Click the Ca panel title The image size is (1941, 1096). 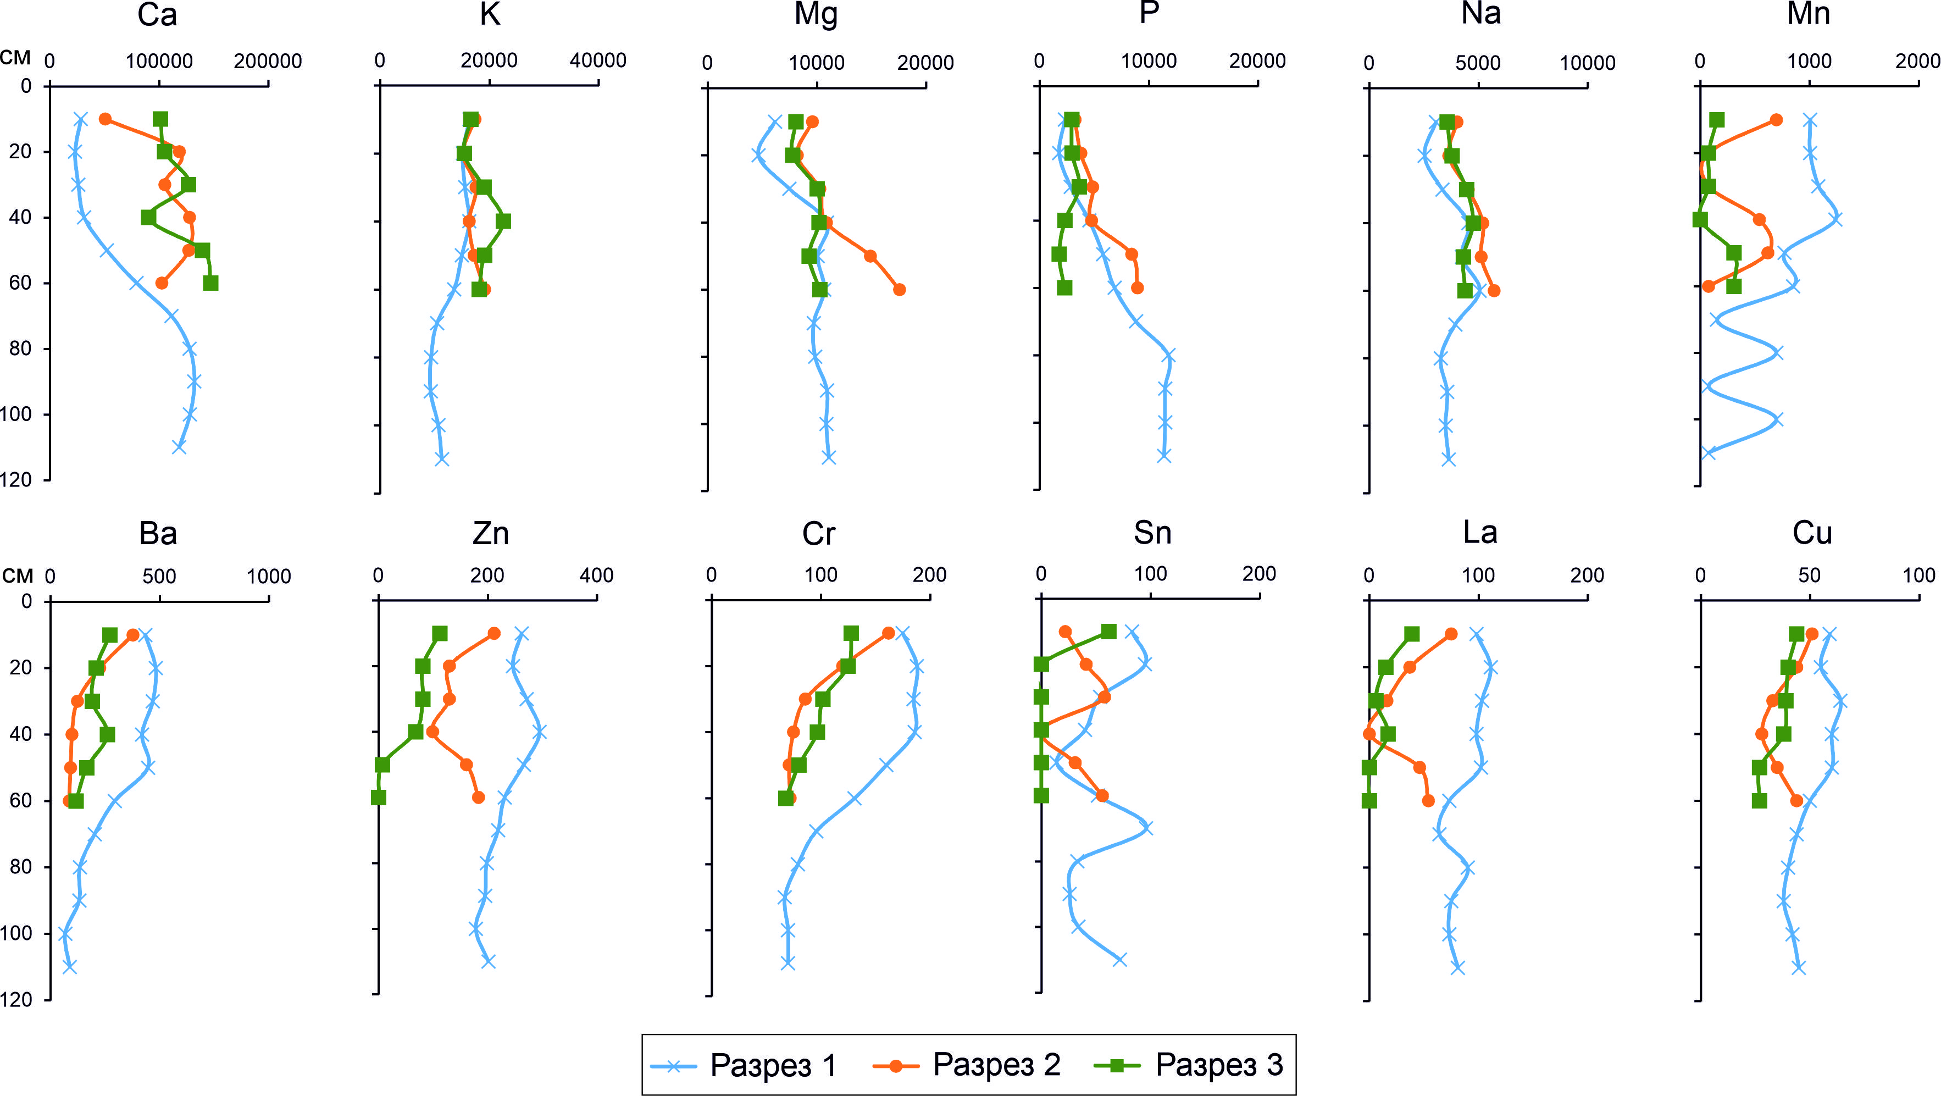tap(157, 15)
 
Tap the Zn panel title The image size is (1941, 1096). tap(491, 534)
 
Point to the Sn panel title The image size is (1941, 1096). tap(1152, 533)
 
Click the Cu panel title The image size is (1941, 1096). tap(1811, 534)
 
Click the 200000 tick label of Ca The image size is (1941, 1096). tap(268, 61)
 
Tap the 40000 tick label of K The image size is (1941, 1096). tap(597, 60)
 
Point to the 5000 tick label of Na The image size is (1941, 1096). tap(1478, 63)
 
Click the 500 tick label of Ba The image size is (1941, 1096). tap(159, 577)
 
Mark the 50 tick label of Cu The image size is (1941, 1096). tap(1809, 576)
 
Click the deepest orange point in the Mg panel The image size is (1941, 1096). tap(899, 290)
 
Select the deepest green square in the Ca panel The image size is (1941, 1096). tap(211, 283)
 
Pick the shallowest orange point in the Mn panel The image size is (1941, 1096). tap(1776, 120)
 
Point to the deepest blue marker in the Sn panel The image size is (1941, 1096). tap(1119, 960)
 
